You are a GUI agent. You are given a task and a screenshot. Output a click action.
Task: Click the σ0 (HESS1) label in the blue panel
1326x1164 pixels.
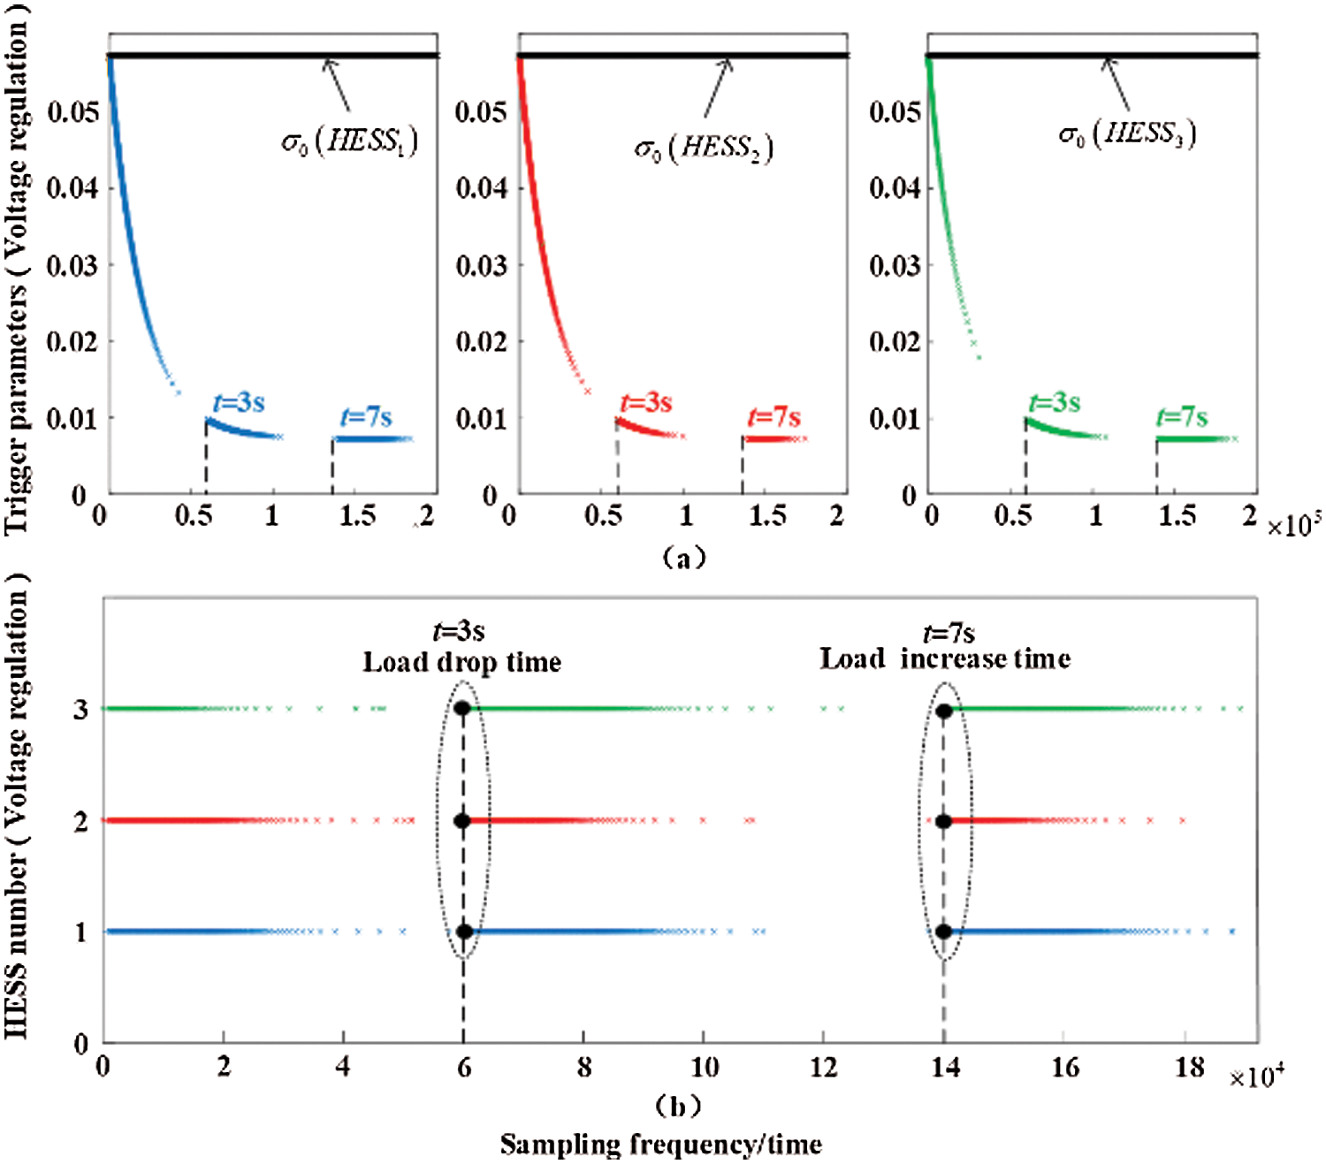point(349,141)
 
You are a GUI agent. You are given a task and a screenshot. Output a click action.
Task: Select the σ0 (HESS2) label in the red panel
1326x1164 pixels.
point(704,147)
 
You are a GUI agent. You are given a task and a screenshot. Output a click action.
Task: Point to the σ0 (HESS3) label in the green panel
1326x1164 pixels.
point(1127,134)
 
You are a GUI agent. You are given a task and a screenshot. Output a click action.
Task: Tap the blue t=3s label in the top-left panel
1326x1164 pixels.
point(239,403)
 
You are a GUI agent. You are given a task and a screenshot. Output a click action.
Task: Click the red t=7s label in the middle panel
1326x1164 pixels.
point(773,416)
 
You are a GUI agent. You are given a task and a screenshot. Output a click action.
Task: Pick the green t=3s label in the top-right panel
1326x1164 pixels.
point(1055,403)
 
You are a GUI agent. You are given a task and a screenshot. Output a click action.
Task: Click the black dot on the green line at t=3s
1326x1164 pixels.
point(461,708)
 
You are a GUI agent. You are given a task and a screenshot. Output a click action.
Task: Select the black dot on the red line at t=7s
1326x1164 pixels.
point(943,821)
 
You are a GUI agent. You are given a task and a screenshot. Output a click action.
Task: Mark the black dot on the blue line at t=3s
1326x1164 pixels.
point(464,932)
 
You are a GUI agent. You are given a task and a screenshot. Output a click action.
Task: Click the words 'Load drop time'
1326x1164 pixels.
point(461,662)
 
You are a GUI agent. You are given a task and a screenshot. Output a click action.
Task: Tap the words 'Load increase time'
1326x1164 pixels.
point(945,658)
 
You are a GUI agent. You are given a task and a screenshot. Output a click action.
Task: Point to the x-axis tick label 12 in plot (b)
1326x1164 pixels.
point(823,1068)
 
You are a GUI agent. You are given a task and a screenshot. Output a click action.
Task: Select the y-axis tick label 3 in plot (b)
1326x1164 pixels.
point(80,709)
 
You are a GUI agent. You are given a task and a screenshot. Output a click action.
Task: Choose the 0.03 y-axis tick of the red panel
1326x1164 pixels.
point(482,265)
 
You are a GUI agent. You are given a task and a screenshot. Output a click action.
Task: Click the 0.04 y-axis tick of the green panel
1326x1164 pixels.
point(895,188)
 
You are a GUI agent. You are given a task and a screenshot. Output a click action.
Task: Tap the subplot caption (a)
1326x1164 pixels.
point(683,557)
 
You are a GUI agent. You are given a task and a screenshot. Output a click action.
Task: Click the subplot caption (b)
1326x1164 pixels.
point(678,1106)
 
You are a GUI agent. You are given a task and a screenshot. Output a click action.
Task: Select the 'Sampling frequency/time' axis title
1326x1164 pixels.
point(660,1145)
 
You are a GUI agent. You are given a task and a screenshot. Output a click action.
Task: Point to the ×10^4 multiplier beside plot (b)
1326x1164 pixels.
point(1256,1077)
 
